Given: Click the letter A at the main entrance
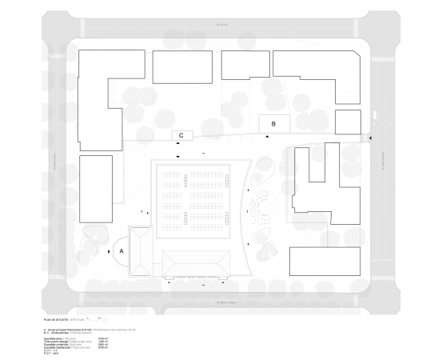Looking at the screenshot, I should tap(122, 250).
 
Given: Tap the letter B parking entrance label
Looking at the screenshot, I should tap(273, 124).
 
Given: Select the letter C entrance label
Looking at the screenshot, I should tap(182, 136).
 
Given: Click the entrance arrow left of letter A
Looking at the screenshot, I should tap(108, 250).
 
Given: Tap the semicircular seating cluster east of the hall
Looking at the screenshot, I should tap(259, 208).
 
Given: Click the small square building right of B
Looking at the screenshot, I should tap(348, 122).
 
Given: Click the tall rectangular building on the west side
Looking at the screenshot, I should tap(96, 184).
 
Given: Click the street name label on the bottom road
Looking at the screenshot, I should tap(222, 302).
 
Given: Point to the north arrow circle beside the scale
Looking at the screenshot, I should tap(106, 318).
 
